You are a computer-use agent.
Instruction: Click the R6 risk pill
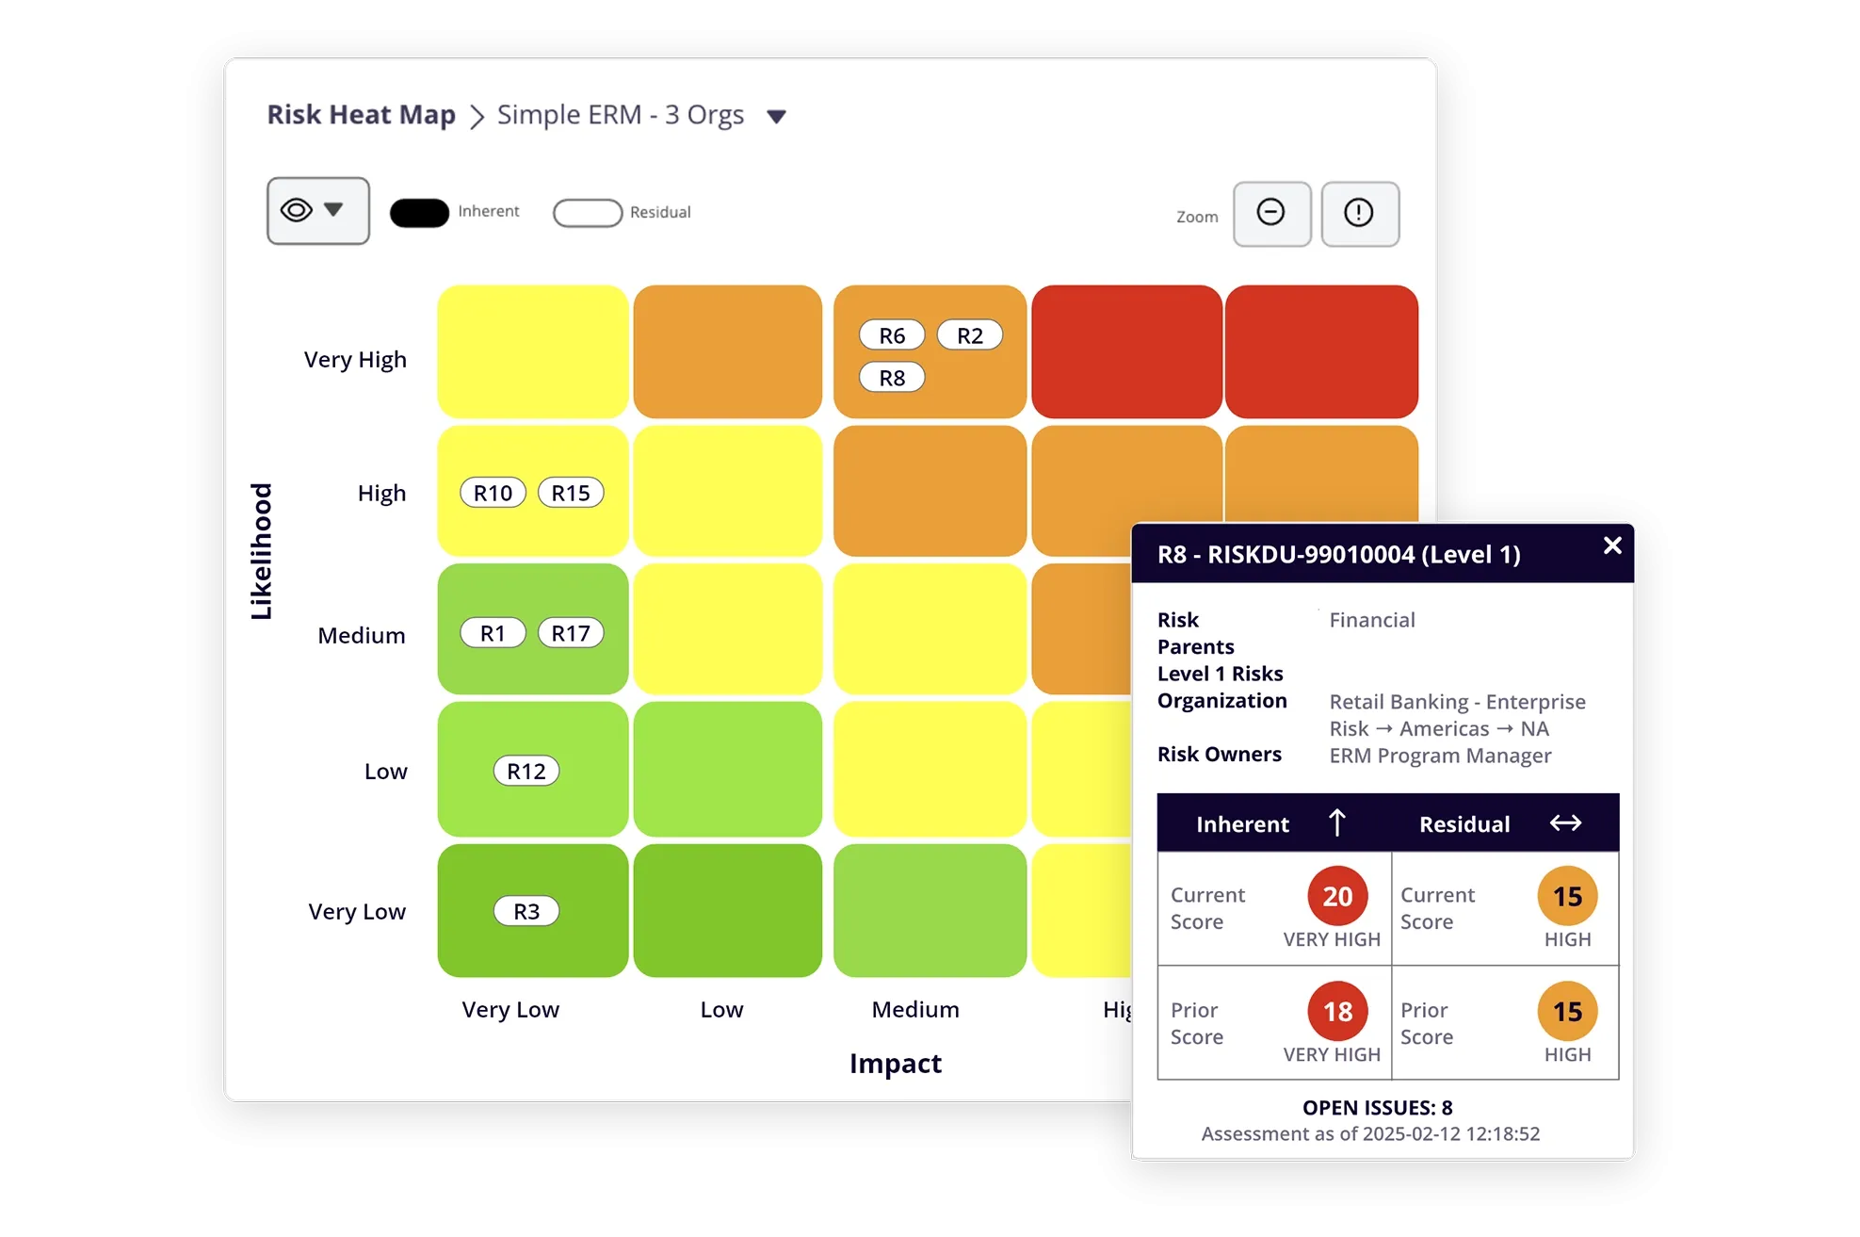pos(891,335)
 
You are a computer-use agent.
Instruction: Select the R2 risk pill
pos(969,335)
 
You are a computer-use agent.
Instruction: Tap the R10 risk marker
pos(493,493)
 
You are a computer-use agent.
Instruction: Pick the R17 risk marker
pos(570,633)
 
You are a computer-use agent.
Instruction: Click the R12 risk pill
pos(526,772)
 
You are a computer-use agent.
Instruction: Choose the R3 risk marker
pos(526,911)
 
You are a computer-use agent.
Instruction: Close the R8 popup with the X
pos(1611,545)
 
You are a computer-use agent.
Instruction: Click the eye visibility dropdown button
pos(317,210)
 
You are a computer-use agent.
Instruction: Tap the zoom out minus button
pos(1271,213)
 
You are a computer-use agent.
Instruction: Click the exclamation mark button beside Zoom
pos(1359,213)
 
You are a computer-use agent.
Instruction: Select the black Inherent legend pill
pos(419,213)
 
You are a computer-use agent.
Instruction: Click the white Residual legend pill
pos(588,213)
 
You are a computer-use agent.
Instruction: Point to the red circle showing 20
pos(1336,896)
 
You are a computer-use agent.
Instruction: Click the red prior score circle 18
pos(1336,1011)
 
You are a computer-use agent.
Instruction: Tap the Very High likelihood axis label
pos(355,360)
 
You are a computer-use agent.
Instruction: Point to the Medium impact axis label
pos(914,1010)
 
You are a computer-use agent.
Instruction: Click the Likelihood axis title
pos(261,551)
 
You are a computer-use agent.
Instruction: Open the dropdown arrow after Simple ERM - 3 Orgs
pos(776,117)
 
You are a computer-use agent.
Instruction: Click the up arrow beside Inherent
pos(1336,823)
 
